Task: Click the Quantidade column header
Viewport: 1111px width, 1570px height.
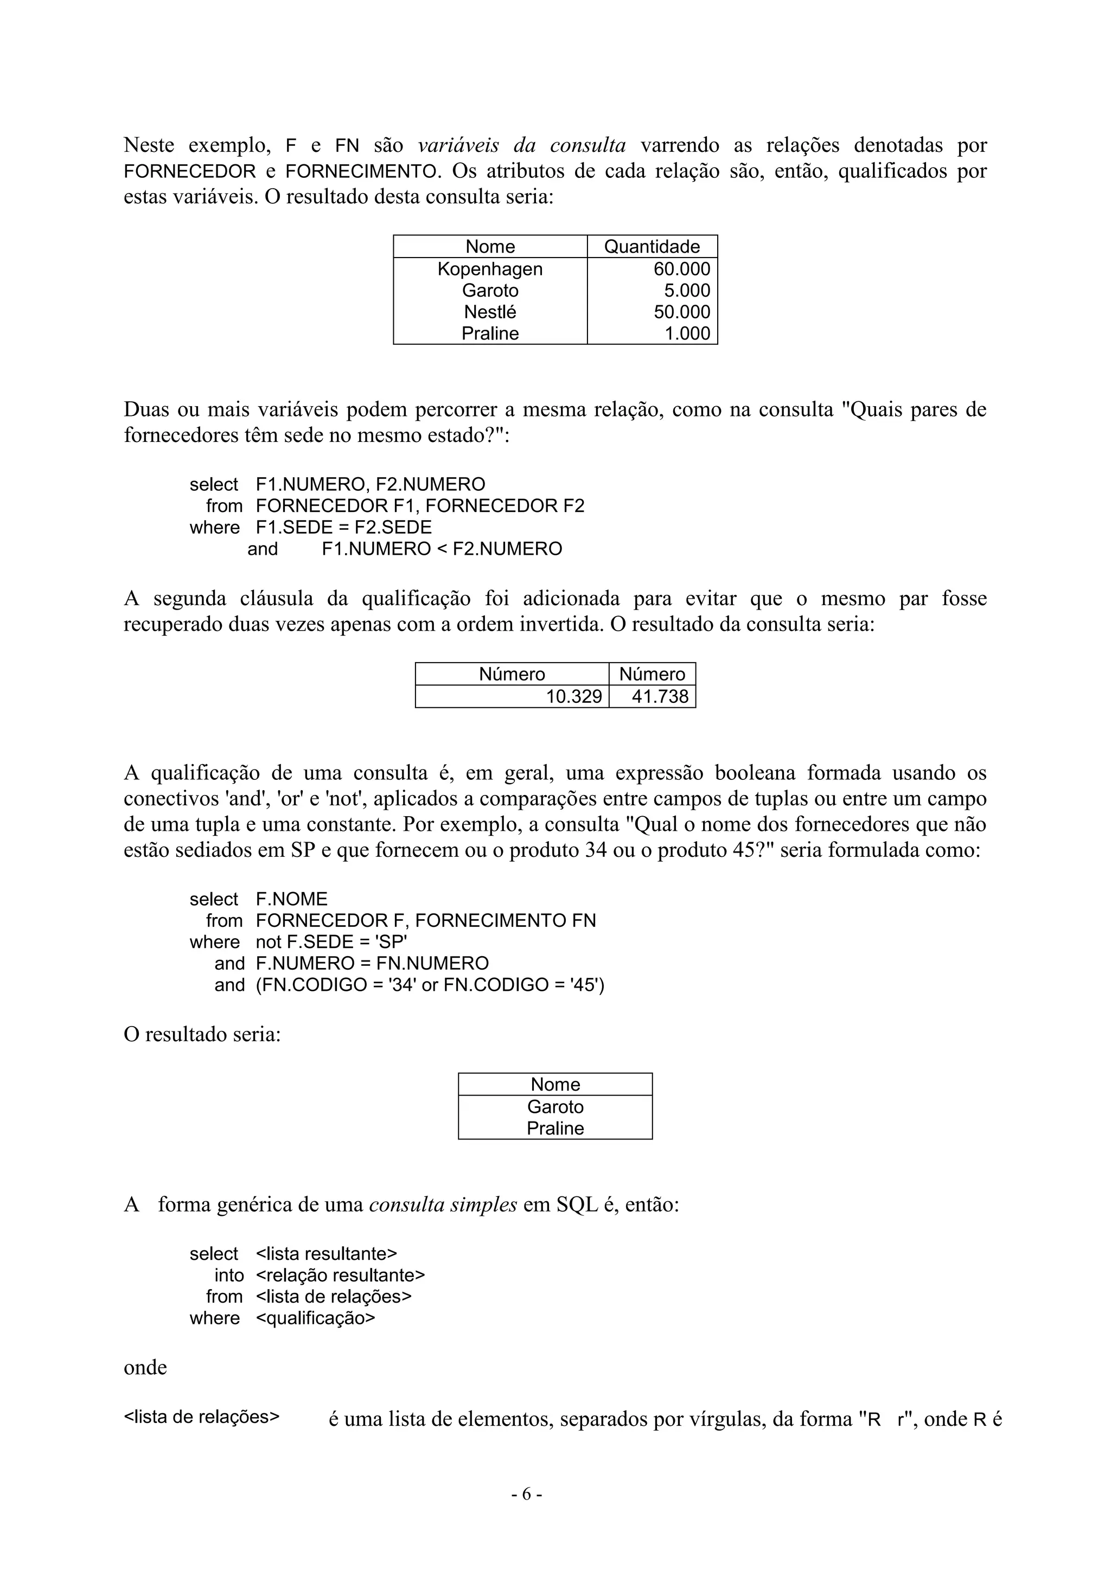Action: click(652, 246)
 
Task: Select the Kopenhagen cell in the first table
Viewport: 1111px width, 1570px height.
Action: click(490, 269)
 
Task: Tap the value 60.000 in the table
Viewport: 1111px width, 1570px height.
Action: click(681, 269)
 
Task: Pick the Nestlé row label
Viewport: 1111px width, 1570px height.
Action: click(490, 312)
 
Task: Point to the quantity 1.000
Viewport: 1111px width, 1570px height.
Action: click(687, 333)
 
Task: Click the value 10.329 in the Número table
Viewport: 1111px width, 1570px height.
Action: click(573, 696)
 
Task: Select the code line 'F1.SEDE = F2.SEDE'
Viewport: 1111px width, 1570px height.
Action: click(343, 527)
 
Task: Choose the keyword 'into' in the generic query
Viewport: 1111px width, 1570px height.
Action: click(228, 1276)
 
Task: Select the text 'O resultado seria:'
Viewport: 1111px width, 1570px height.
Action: click(202, 1035)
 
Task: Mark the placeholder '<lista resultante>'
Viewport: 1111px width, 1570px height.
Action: click(327, 1253)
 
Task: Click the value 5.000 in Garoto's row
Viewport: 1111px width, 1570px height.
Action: click(687, 290)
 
